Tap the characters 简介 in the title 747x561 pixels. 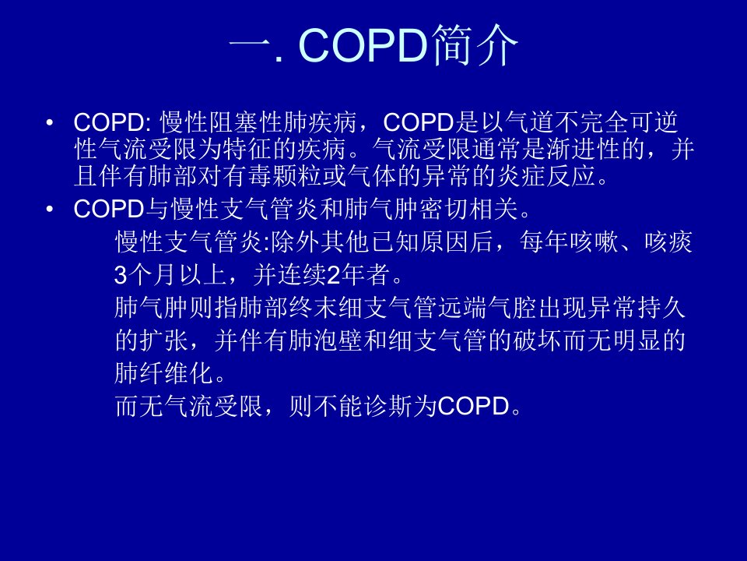point(474,46)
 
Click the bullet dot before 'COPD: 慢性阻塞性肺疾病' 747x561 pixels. point(50,123)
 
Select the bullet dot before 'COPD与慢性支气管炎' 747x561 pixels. point(50,209)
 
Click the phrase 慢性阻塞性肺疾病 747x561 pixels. point(258,122)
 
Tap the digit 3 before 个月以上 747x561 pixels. point(121,275)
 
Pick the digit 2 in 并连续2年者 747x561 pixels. point(334,275)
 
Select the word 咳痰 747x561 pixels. point(668,242)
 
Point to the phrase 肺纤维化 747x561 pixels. point(164,373)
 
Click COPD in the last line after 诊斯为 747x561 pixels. point(474,407)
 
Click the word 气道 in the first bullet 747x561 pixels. point(529,122)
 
